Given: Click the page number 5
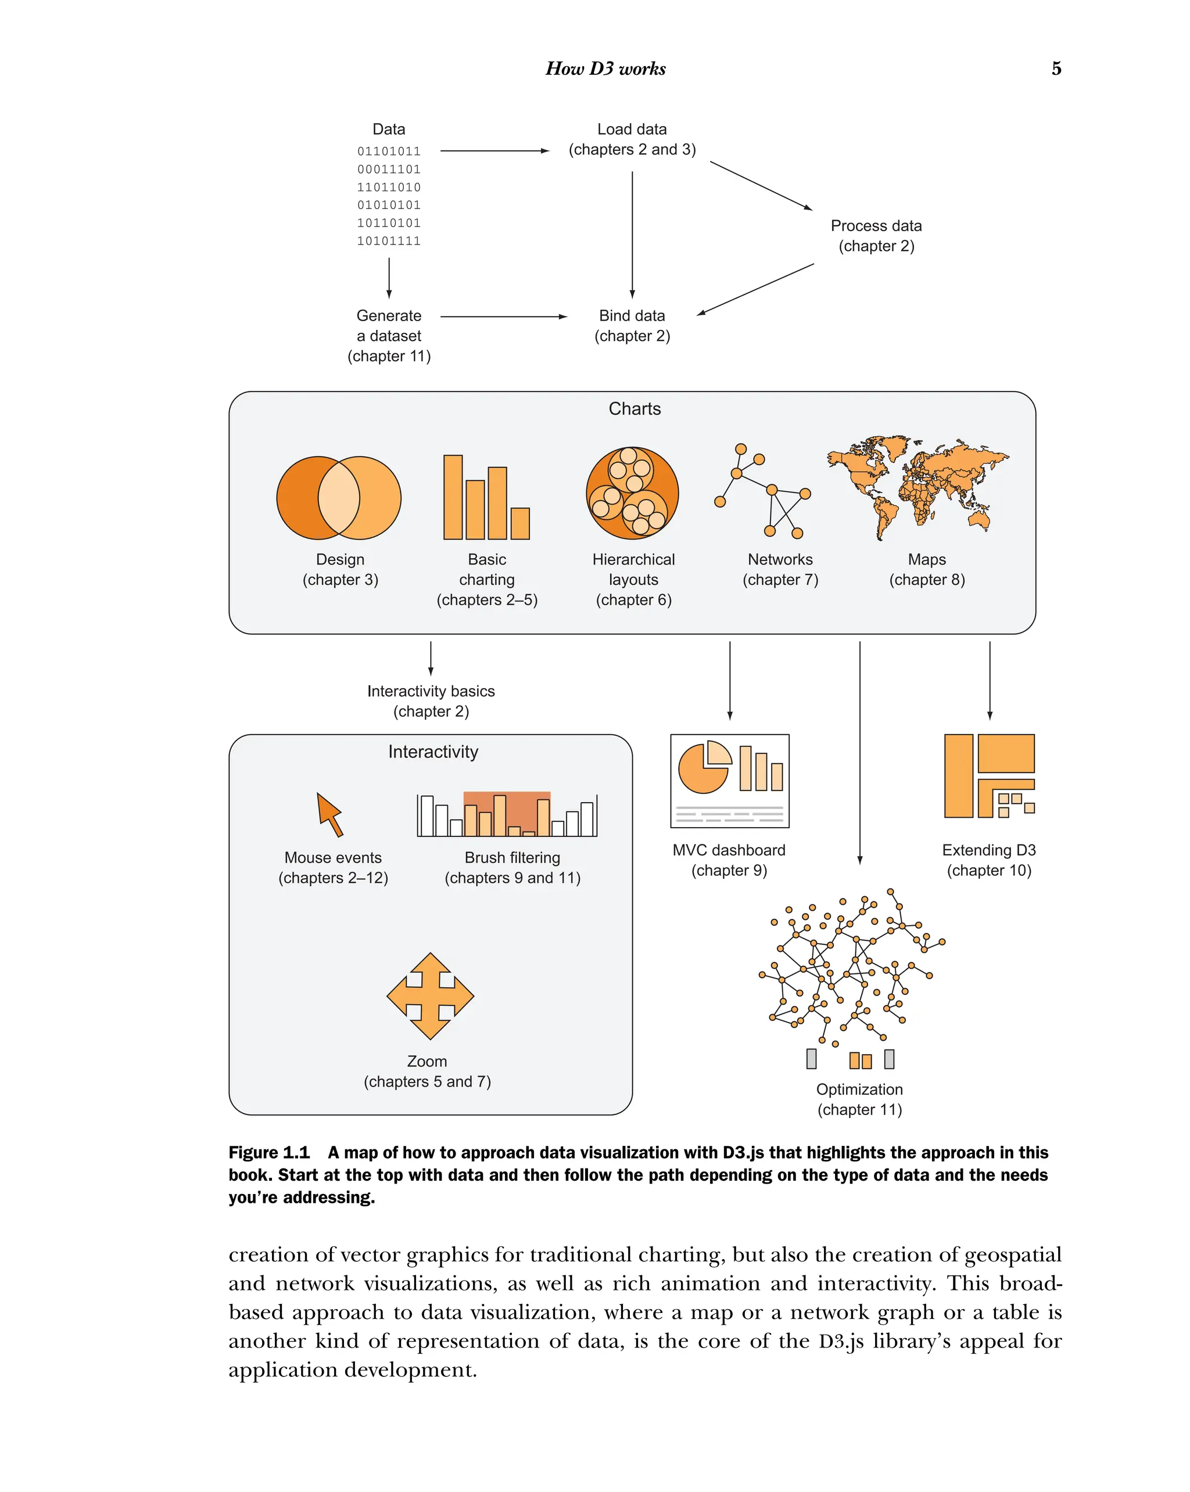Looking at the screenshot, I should point(1056,69).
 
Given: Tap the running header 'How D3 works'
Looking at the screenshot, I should point(605,69).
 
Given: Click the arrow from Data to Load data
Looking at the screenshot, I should point(494,151).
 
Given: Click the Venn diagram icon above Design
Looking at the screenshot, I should point(339,498).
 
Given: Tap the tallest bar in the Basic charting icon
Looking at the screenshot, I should point(453,497).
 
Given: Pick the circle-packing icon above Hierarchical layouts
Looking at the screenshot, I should point(632,492).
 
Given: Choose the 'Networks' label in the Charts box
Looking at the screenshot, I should point(780,560).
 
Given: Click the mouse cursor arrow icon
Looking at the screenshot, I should point(329,814).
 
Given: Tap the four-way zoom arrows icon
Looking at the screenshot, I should point(430,996).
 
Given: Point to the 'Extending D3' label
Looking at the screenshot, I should point(988,850).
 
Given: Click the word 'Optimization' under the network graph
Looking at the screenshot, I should point(859,1090).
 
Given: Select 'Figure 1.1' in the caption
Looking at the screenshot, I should point(268,1153).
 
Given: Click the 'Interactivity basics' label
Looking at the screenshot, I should point(431,691).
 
